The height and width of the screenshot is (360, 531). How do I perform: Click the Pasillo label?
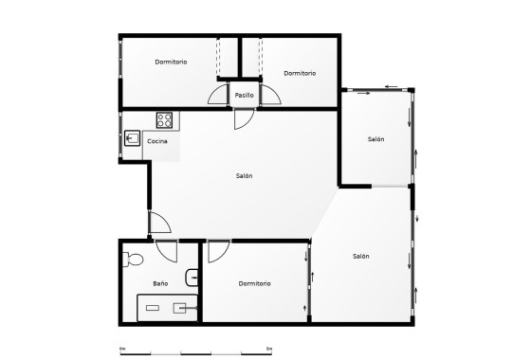[245, 95]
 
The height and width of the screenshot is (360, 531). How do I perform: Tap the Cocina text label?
[157, 141]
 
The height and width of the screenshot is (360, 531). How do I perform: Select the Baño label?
[160, 283]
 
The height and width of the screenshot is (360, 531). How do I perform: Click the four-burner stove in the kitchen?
[164, 120]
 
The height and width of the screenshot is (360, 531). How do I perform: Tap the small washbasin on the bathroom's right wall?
[192, 277]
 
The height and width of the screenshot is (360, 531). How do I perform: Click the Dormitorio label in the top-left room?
[171, 62]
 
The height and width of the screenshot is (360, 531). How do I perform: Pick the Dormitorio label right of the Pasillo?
[300, 73]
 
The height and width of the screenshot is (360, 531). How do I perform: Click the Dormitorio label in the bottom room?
[254, 283]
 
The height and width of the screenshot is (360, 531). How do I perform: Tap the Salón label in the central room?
[244, 175]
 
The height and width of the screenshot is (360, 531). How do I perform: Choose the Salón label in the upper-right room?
[375, 139]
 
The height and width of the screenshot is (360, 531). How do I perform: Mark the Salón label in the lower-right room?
[360, 256]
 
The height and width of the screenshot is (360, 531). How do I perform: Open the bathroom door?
[167, 252]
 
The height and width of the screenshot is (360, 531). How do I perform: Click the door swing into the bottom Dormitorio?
[218, 252]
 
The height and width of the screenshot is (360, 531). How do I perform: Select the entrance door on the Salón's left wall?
[159, 224]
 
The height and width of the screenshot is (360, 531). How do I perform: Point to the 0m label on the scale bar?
[123, 348]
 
